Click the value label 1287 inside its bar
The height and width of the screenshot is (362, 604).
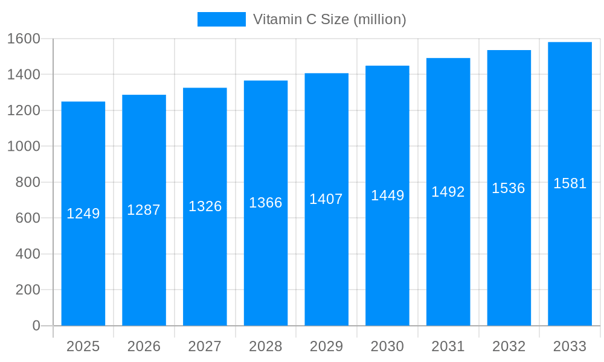(144, 210)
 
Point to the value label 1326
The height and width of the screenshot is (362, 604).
(205, 206)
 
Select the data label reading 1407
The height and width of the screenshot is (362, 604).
(326, 199)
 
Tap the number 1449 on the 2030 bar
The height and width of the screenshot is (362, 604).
(387, 195)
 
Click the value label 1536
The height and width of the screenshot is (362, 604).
(509, 188)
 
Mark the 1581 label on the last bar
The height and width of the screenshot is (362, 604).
(570, 183)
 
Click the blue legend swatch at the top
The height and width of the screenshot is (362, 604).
(222, 19)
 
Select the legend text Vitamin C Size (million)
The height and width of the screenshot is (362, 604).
(329, 19)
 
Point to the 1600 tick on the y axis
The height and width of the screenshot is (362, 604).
(24, 39)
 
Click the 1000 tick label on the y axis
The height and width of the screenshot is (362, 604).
(24, 146)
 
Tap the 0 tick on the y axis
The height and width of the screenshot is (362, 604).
(36, 326)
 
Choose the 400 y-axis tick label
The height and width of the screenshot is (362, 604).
(28, 254)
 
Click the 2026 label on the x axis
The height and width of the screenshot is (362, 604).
(144, 346)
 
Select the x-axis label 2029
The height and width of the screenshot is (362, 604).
(326, 346)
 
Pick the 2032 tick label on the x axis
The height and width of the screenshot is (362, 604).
(509, 346)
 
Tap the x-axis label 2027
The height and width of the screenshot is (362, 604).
(205, 346)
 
